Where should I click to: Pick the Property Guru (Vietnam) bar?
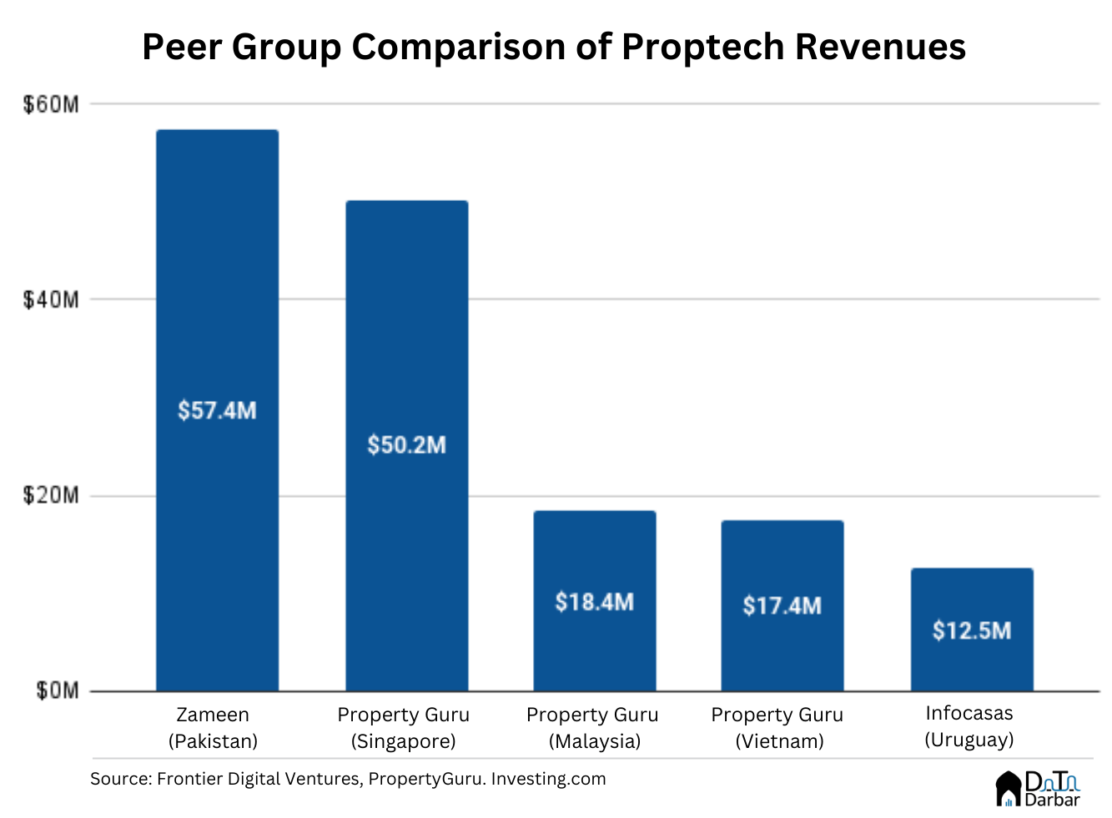pos(782,650)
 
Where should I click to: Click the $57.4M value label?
pos(217,410)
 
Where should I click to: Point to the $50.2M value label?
pos(406,444)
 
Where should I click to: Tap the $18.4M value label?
pos(594,601)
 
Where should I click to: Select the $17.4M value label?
pos(782,605)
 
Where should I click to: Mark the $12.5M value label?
pos(972,630)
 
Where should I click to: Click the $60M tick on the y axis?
pos(51,104)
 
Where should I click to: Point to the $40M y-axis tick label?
pos(51,299)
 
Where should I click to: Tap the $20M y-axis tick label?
pos(51,495)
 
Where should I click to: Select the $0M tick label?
pos(57,690)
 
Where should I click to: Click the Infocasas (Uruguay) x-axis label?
pos(969,726)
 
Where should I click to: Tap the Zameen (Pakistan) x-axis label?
pos(213,728)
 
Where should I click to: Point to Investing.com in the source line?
pos(548,779)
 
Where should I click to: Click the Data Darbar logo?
pos(1038,789)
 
